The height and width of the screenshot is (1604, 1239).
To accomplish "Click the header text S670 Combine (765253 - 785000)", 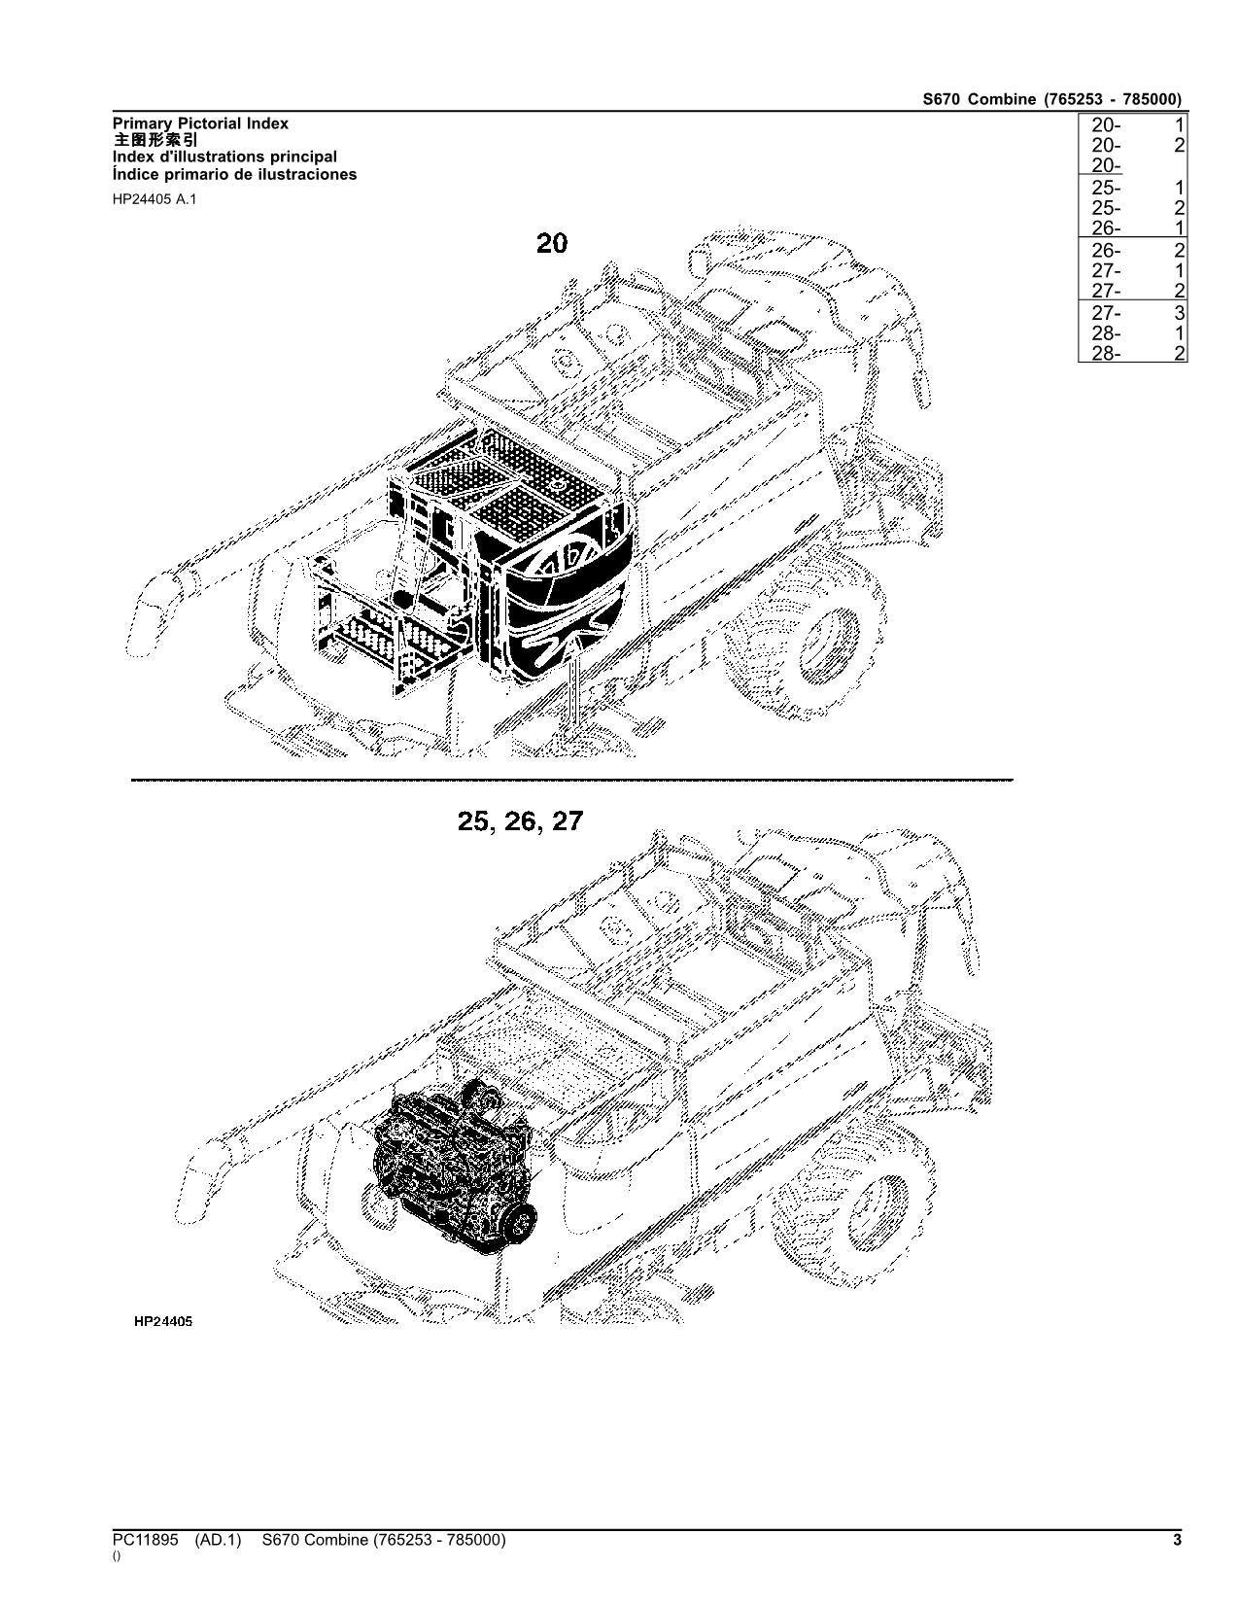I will tap(1052, 99).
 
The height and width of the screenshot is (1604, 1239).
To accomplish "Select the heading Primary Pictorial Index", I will tap(200, 123).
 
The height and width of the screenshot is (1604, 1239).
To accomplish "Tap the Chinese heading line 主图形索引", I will tap(155, 140).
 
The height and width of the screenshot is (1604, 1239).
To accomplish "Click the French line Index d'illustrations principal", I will tap(224, 157).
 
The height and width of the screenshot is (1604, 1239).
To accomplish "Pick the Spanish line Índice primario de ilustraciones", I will tap(234, 175).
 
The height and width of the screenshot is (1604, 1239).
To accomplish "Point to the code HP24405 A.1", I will tap(154, 200).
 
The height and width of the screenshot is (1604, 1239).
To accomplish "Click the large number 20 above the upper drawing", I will tap(551, 243).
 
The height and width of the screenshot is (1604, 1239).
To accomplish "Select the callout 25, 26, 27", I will tap(520, 821).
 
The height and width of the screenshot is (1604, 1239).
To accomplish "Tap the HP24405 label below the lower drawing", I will tap(162, 1322).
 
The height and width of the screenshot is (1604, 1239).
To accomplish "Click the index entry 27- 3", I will tap(1132, 313).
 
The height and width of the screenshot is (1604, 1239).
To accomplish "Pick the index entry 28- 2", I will tap(1132, 354).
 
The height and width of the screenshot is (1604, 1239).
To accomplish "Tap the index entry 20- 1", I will tap(1132, 124).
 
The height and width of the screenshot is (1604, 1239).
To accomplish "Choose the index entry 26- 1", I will tap(1132, 228).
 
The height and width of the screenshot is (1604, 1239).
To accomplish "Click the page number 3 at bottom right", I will tap(1177, 1540).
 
